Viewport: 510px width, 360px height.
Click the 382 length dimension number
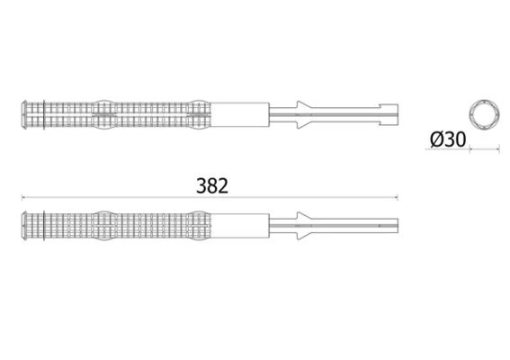pyautogui.click(x=212, y=186)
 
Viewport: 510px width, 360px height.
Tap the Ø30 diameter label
pyautogui.click(x=448, y=139)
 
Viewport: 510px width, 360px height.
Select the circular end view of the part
pyautogui.click(x=484, y=114)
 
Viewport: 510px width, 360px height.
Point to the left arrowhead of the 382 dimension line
pyautogui.click(x=22, y=197)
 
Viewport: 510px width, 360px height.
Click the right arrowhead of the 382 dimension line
pyautogui.click(x=396, y=197)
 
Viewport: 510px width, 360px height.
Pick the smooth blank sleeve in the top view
pyautogui.click(x=240, y=114)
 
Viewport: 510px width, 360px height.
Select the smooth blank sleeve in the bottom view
pyautogui.click(x=240, y=226)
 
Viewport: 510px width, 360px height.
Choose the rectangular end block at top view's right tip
pyautogui.click(x=389, y=114)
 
